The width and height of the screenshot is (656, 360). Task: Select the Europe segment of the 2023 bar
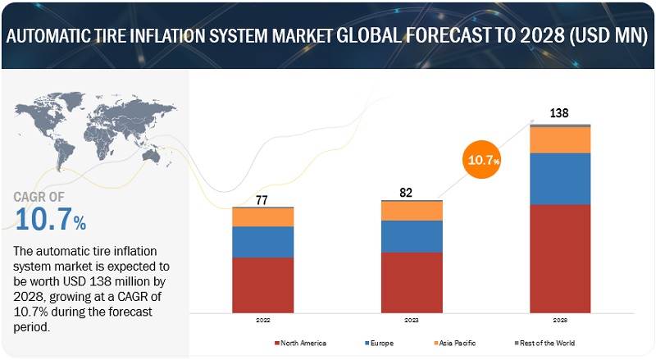coord(412,236)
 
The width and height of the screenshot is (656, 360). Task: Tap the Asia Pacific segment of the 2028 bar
coord(560,139)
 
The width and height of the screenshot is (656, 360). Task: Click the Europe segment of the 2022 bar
coord(263,242)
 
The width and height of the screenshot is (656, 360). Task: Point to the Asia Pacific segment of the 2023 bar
coord(412,211)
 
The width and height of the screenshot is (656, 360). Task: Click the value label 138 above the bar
coord(560,113)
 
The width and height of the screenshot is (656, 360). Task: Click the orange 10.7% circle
coord(483,160)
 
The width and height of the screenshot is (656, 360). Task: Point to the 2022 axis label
coord(262,321)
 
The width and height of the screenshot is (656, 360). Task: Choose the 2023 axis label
coord(412,321)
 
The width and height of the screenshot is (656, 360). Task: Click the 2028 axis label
coord(560,321)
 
